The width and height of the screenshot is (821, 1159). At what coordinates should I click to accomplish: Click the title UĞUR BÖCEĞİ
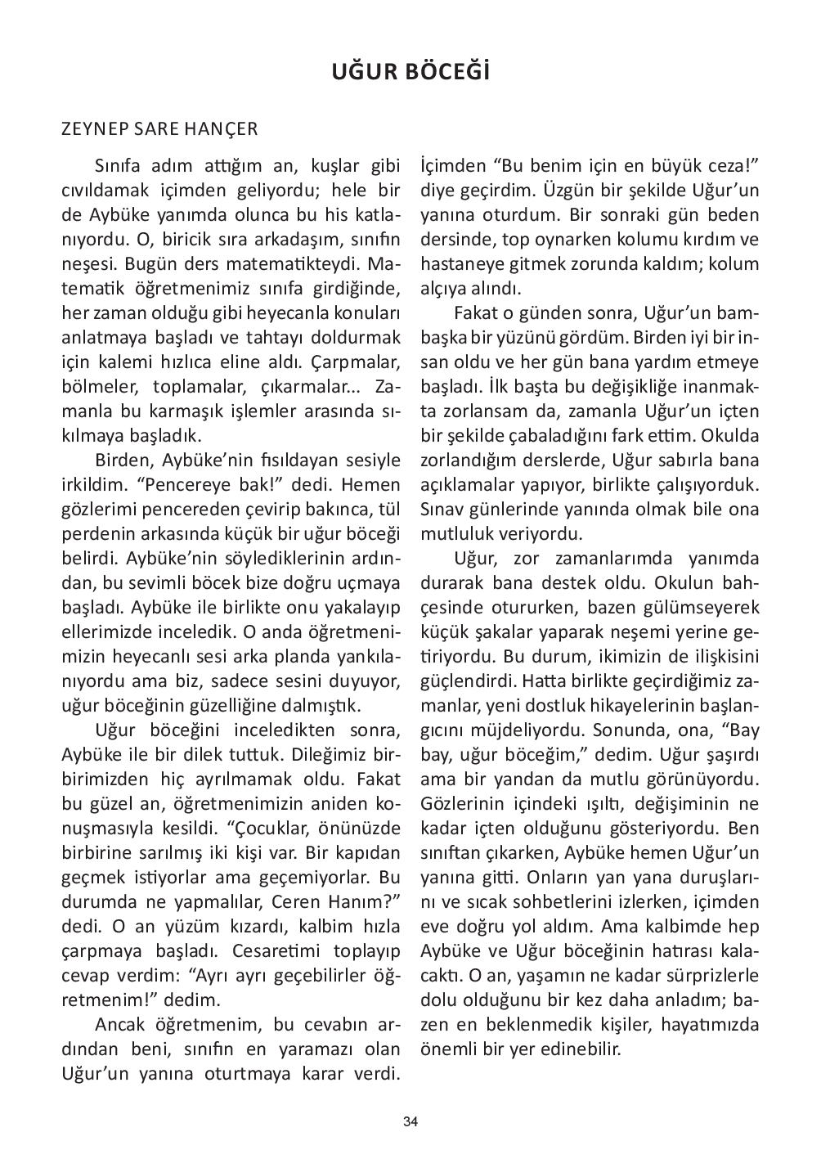[410, 72]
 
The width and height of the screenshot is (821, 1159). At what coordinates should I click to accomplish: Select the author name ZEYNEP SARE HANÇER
[159, 129]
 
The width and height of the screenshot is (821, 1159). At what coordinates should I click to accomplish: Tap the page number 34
[410, 1121]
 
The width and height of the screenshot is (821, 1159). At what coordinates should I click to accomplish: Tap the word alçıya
[446, 289]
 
